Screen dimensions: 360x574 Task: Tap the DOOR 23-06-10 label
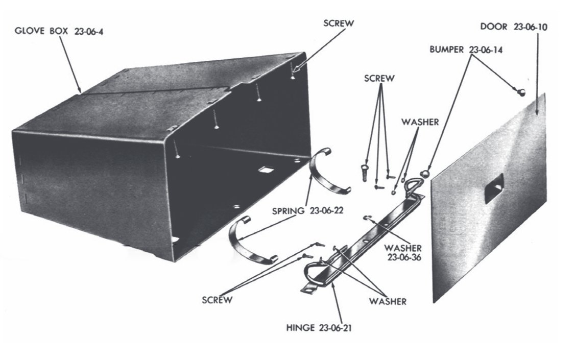[x=514, y=27]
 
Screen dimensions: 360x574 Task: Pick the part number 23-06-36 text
[x=404, y=257]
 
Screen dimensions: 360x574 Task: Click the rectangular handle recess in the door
[x=494, y=188]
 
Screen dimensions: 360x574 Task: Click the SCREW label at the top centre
[x=339, y=23]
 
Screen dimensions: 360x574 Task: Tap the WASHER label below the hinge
[x=388, y=301]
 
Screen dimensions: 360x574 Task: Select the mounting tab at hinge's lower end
[x=307, y=290]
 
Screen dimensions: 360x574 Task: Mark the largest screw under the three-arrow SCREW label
[x=365, y=171]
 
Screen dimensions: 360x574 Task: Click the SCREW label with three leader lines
[x=379, y=78]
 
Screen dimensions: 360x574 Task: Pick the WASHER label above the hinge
[x=419, y=122]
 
